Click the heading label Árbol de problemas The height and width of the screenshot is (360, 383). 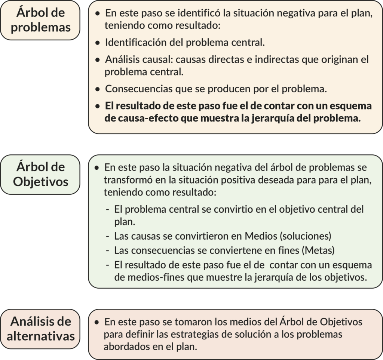tap(40, 20)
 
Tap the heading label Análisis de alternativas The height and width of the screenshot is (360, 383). tap(40, 328)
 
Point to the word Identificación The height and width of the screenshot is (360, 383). tap(136, 42)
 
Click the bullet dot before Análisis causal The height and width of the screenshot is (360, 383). tap(98, 60)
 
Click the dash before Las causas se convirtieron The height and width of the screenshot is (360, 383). tap(108, 237)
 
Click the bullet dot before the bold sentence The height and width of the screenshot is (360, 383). tap(98, 106)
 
